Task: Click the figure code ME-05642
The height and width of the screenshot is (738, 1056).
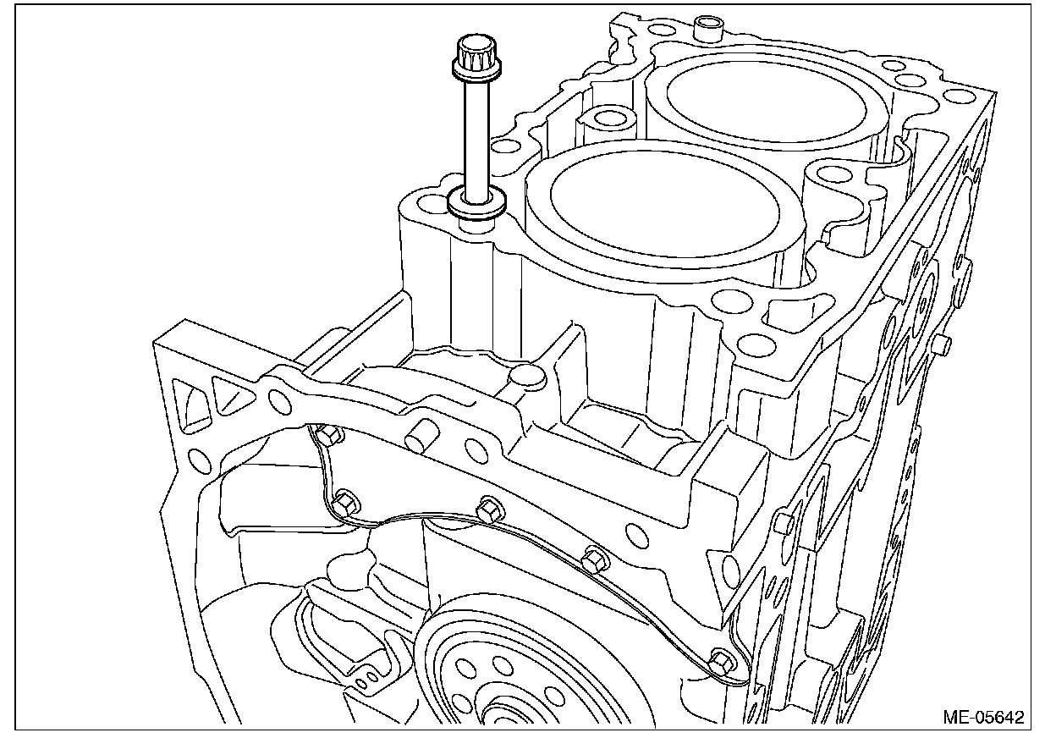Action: pyautogui.click(x=983, y=717)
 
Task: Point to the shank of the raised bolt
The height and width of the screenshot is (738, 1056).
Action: pyautogui.click(x=476, y=141)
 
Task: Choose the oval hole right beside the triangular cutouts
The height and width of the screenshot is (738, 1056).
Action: pyautogui.click(x=280, y=400)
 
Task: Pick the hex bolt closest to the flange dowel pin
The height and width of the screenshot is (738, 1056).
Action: pyautogui.click(x=327, y=433)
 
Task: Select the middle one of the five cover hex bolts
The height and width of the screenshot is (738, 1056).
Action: pyautogui.click(x=490, y=509)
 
